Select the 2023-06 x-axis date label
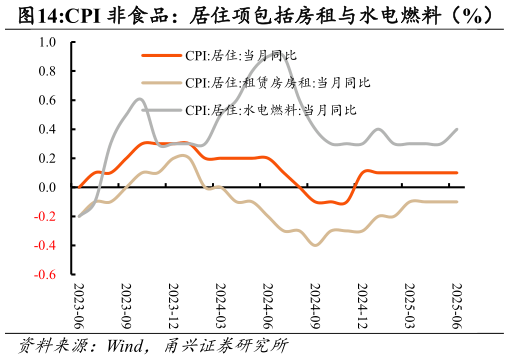[x=79, y=305]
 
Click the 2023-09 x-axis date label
[x=126, y=305]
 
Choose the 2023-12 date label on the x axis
[x=173, y=305]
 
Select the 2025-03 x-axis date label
[x=409, y=305]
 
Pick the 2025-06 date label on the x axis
[x=457, y=305]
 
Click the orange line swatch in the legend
[x=161, y=56]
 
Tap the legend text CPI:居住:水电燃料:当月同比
[x=271, y=110]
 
